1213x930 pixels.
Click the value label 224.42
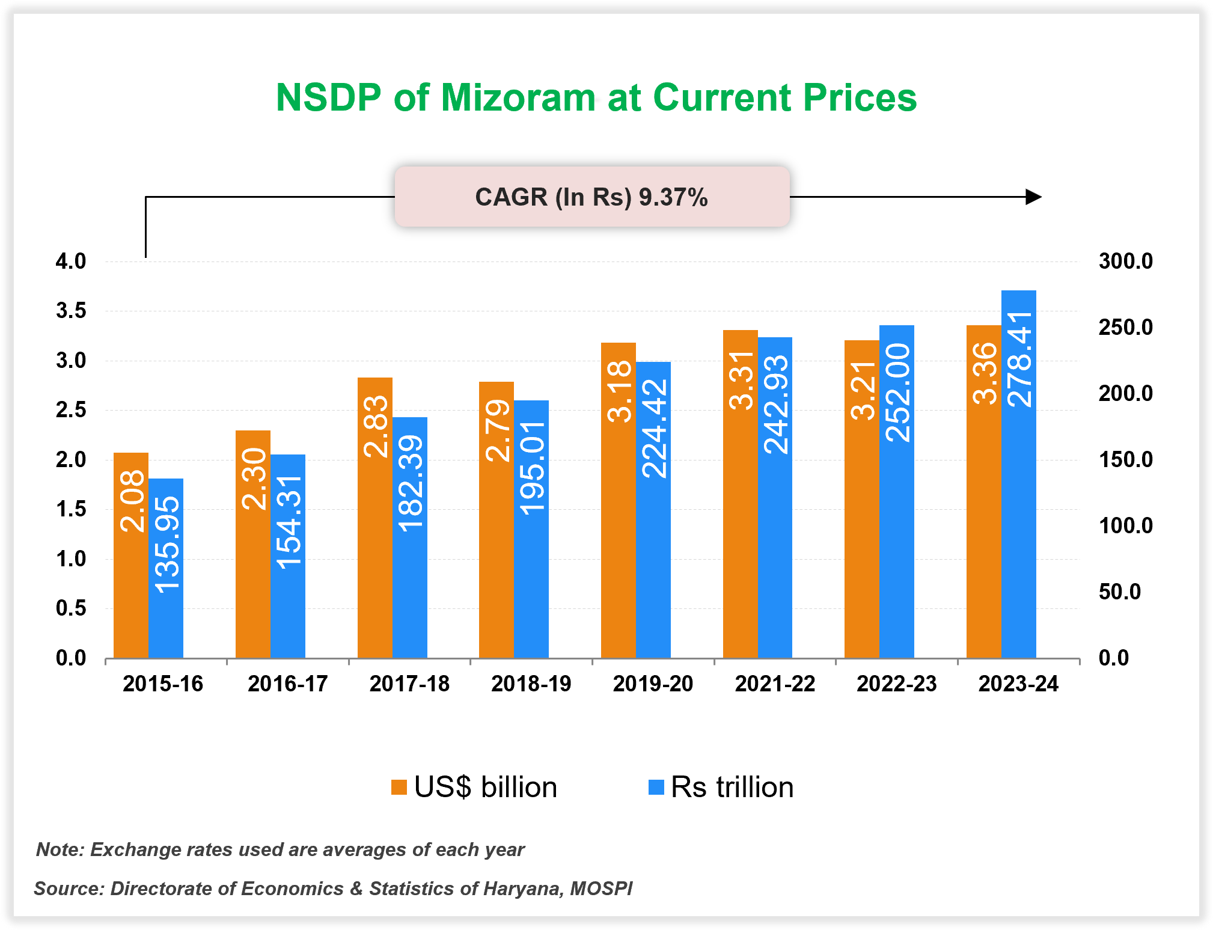point(654,429)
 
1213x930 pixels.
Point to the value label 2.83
point(376,426)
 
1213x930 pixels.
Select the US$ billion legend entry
point(474,787)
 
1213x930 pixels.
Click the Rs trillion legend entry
point(721,787)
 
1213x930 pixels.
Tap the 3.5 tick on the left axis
point(71,311)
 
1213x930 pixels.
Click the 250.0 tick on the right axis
point(1125,327)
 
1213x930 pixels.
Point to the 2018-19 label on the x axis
point(531,684)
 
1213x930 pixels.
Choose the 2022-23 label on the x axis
point(896,684)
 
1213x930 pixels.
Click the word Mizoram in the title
point(518,97)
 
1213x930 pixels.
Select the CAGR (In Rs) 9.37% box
point(591,197)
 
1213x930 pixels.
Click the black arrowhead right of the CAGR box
point(1033,197)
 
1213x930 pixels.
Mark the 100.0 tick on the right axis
point(1125,525)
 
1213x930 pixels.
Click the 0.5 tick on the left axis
point(71,608)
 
